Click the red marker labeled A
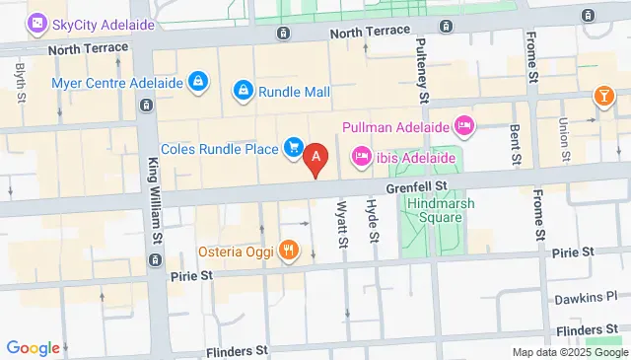click(x=315, y=157)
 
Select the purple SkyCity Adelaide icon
click(x=36, y=23)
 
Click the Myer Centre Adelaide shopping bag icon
click(x=198, y=79)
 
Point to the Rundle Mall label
click(x=294, y=93)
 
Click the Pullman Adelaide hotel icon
click(x=464, y=125)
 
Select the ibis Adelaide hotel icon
click(x=361, y=156)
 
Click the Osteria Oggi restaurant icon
click(x=288, y=250)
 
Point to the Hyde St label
click(x=373, y=219)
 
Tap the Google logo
click(x=33, y=347)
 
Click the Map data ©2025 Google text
click(x=568, y=352)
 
